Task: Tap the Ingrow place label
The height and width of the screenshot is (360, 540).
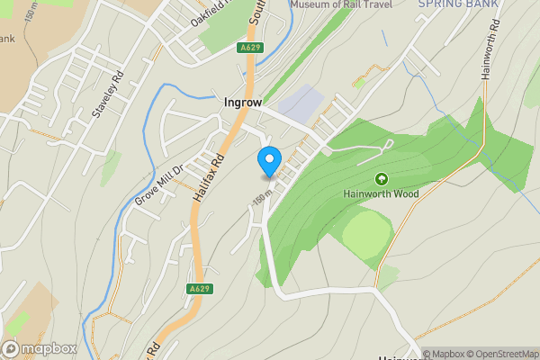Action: pos(243,103)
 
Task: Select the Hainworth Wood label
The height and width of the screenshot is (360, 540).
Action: pos(381,193)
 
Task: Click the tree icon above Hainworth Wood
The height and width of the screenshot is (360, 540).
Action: pos(381,179)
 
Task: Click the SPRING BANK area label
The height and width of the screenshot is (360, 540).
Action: pos(459,4)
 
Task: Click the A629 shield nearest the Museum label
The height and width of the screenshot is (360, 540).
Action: pos(250,47)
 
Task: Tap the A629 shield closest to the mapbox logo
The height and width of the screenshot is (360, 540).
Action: pos(200,289)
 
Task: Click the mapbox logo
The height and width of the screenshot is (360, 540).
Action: pos(40,348)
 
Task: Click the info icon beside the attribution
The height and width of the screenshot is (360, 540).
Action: pos(415,354)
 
